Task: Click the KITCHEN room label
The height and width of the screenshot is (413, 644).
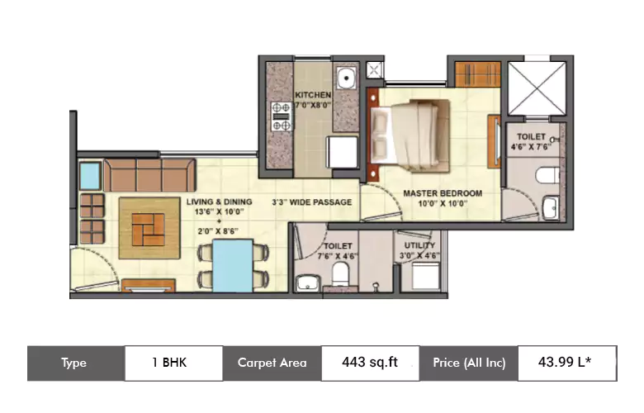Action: pos(313,95)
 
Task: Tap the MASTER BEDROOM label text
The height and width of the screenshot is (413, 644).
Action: pos(443,193)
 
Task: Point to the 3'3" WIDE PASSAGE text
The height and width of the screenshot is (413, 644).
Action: pos(312,202)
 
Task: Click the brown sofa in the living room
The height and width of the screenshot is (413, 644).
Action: pos(149,174)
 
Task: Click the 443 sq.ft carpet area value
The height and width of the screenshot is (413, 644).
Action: pos(369,363)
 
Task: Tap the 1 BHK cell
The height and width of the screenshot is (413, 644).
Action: pos(173,363)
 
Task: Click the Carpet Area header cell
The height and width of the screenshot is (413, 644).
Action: pos(272,363)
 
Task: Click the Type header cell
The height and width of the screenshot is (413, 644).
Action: pos(75,363)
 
